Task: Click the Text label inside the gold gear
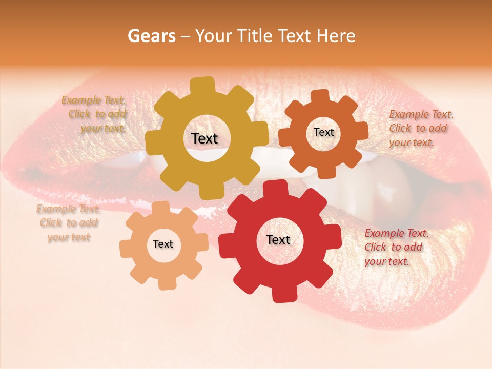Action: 204,138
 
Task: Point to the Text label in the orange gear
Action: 323,132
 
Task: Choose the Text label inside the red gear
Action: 278,239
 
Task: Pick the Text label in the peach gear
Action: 163,244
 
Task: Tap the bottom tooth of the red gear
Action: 283,294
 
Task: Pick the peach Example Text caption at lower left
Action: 68,223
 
